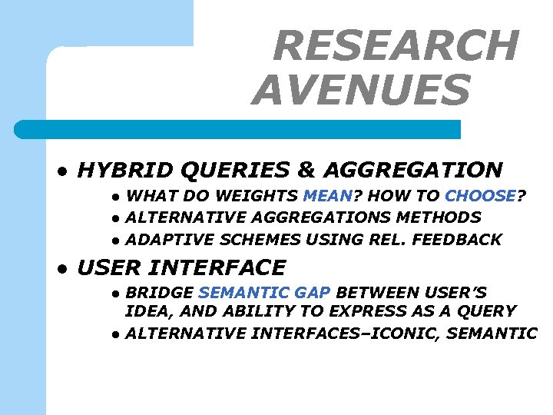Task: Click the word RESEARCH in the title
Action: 396,45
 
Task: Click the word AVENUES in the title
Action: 360,90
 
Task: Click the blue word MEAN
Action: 328,196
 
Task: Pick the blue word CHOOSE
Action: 480,196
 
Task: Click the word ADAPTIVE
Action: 163,240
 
